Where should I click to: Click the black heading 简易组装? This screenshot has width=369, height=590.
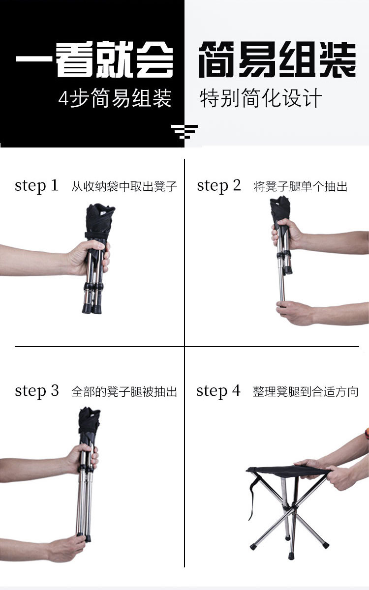[x=277, y=59]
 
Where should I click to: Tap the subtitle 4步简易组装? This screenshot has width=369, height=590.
[x=115, y=99]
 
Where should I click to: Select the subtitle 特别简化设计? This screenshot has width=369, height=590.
[x=261, y=98]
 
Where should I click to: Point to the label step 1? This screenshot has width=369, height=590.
[x=36, y=186]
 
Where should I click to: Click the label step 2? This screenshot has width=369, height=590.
[x=219, y=186]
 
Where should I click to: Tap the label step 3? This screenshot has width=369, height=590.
[x=36, y=391]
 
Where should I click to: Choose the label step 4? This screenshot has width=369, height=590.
[x=218, y=391]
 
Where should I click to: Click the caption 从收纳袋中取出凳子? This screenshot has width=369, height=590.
[x=124, y=187]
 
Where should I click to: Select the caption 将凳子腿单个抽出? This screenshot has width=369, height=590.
[x=300, y=187]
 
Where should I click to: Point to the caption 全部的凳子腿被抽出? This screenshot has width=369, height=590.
[x=124, y=392]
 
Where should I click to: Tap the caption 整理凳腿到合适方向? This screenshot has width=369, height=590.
[x=306, y=392]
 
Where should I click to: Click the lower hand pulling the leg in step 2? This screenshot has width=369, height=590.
[x=295, y=313]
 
